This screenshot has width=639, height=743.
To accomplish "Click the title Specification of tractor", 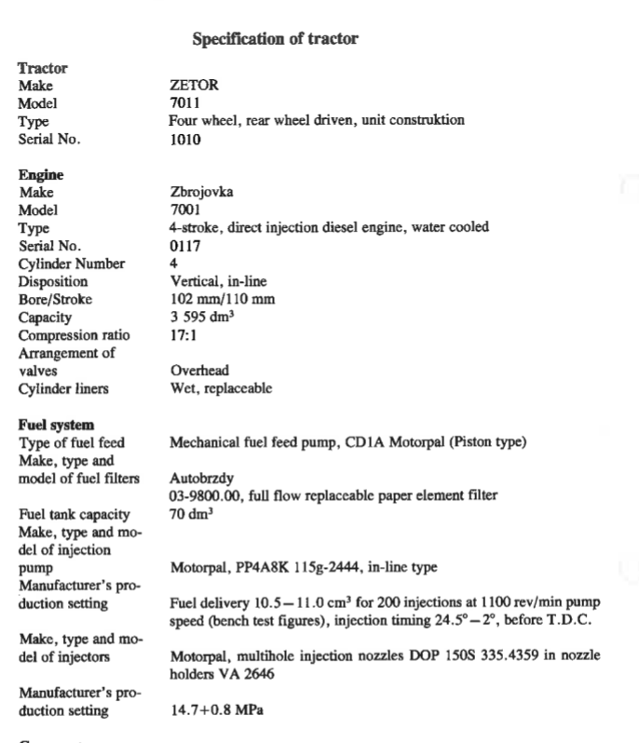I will pyautogui.click(x=275, y=39).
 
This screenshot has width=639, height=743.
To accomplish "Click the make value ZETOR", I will pyautogui.click(x=194, y=86).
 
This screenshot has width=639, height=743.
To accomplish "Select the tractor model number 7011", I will pyautogui.click(x=185, y=103).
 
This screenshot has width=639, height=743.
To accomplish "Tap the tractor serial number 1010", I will pyautogui.click(x=185, y=140).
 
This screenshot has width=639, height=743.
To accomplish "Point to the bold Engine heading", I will pyautogui.click(x=41, y=175).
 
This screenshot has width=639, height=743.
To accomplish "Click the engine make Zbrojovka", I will pyautogui.click(x=202, y=193).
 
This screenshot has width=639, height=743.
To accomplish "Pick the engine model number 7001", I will pyautogui.click(x=185, y=210).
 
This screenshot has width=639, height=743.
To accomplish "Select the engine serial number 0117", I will pyautogui.click(x=185, y=246).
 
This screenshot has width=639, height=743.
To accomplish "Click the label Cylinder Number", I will pyautogui.click(x=72, y=263).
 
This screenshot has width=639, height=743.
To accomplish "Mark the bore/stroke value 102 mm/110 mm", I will pyautogui.click(x=222, y=300).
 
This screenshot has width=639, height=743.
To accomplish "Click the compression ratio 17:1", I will pyautogui.click(x=183, y=335).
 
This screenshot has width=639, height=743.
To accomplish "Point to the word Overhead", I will pyautogui.click(x=199, y=371).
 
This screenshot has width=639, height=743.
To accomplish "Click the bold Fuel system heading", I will pyautogui.click(x=56, y=425).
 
